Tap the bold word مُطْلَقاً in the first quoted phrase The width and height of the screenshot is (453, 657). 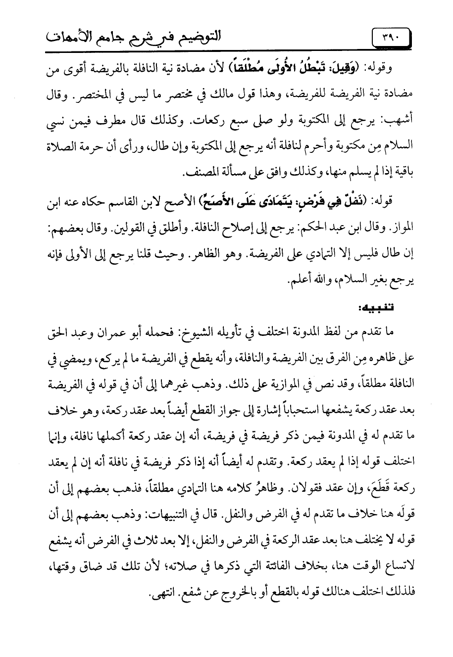[252, 68]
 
